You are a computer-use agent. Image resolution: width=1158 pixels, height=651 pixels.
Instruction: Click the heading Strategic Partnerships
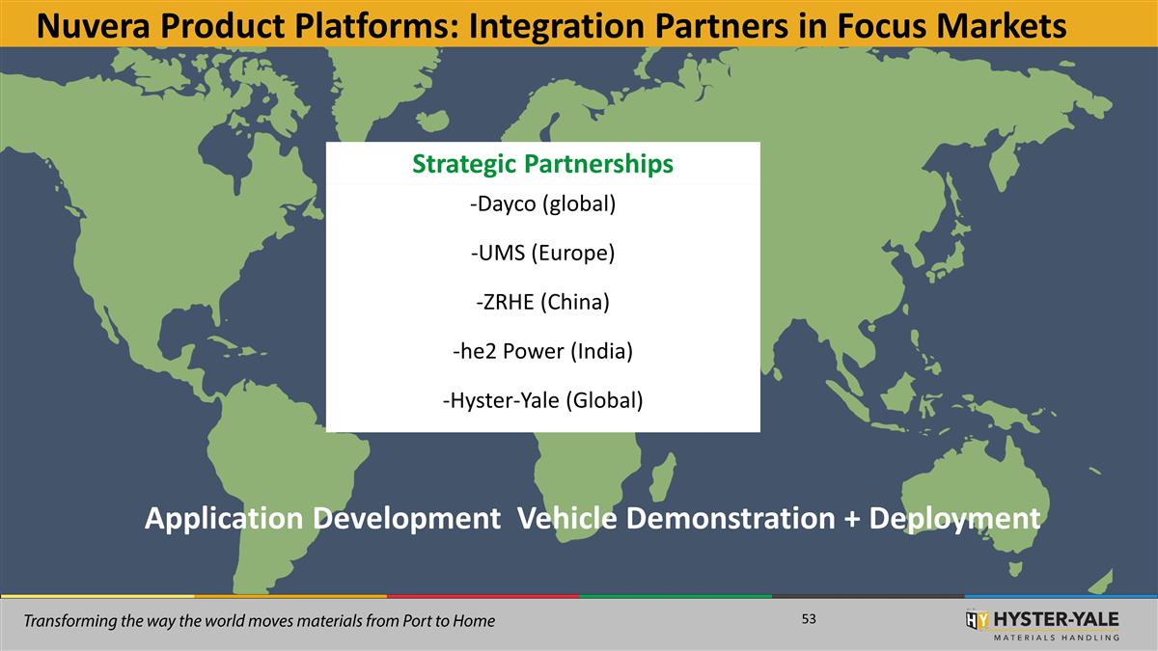542,164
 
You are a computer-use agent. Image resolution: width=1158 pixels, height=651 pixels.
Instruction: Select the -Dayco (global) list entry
542,205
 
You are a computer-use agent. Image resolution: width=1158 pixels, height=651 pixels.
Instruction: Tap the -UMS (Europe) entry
542,254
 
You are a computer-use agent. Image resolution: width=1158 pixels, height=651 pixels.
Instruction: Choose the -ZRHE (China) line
542,302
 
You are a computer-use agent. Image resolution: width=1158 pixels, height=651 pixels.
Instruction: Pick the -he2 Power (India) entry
542,351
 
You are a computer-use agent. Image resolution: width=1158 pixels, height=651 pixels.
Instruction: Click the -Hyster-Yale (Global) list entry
542,399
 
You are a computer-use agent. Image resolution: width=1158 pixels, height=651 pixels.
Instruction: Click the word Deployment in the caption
954,519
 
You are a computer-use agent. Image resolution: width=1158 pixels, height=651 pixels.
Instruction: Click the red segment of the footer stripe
482,596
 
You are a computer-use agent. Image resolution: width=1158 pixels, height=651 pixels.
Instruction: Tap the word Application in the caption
223,519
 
